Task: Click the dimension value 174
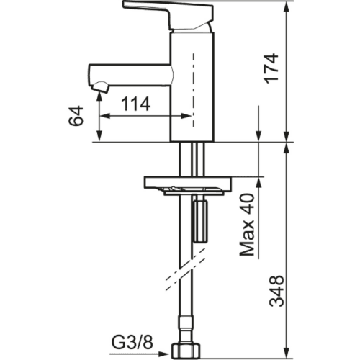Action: (272, 68)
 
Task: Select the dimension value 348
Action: (276, 291)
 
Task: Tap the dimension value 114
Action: (136, 104)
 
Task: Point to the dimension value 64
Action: (76, 116)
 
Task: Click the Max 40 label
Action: (247, 225)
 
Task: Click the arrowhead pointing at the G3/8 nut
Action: (163, 354)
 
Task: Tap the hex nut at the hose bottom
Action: (185, 351)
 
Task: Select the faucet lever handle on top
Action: (168, 14)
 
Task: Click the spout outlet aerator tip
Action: (101, 88)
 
